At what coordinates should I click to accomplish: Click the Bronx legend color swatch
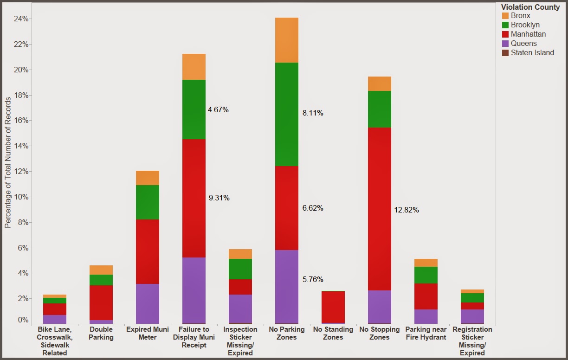point(505,16)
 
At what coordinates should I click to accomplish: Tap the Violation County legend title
point(530,7)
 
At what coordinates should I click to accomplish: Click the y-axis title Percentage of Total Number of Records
point(8,162)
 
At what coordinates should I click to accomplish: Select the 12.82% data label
point(407,210)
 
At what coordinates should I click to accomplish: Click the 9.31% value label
point(219,198)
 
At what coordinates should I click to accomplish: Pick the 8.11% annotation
point(313,113)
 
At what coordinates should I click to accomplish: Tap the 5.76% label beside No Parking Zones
point(313,280)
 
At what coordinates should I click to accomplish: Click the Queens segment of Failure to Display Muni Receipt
point(194,290)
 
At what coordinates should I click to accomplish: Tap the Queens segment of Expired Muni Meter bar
point(147,303)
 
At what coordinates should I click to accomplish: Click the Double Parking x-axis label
point(101,334)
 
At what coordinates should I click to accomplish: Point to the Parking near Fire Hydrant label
point(426,334)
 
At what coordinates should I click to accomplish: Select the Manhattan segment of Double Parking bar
point(101,302)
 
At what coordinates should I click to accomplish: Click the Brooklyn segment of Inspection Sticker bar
point(240,269)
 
